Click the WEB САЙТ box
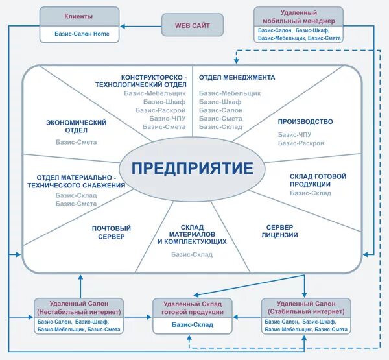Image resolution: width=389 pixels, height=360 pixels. coord(192,26)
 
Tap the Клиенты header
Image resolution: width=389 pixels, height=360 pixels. coord(79,16)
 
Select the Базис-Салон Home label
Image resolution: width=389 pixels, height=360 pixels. coord(79,34)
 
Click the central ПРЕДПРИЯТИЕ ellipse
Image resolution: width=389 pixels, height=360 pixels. coord(192,169)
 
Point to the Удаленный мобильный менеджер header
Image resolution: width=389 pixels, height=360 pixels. coord(298,17)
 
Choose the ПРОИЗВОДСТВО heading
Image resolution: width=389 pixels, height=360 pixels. coord(305,121)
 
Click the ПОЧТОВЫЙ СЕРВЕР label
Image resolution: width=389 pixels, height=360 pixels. coord(111,232)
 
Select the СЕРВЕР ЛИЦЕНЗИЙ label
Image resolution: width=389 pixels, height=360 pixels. coord(279,231)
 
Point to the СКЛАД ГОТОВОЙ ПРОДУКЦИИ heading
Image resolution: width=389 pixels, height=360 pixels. coord(318,180)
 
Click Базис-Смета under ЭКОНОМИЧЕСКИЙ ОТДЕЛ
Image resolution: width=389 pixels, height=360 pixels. coord(76,141)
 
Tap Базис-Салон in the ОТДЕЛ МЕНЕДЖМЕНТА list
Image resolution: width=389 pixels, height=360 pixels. coord(221,110)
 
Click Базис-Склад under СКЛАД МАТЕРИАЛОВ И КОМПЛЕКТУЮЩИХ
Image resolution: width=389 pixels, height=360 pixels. coord(192,254)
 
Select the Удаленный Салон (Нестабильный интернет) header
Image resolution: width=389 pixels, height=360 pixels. coord(79,307)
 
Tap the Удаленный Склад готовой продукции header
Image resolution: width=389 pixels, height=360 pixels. coord(193,307)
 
